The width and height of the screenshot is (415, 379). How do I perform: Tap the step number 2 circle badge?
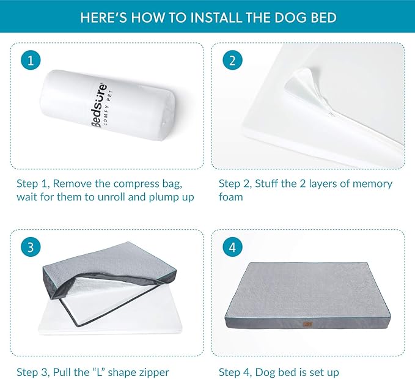click(x=232, y=61)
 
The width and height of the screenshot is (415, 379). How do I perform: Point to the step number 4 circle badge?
click(x=232, y=247)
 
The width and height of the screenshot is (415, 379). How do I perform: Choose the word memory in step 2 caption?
click(x=368, y=183)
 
